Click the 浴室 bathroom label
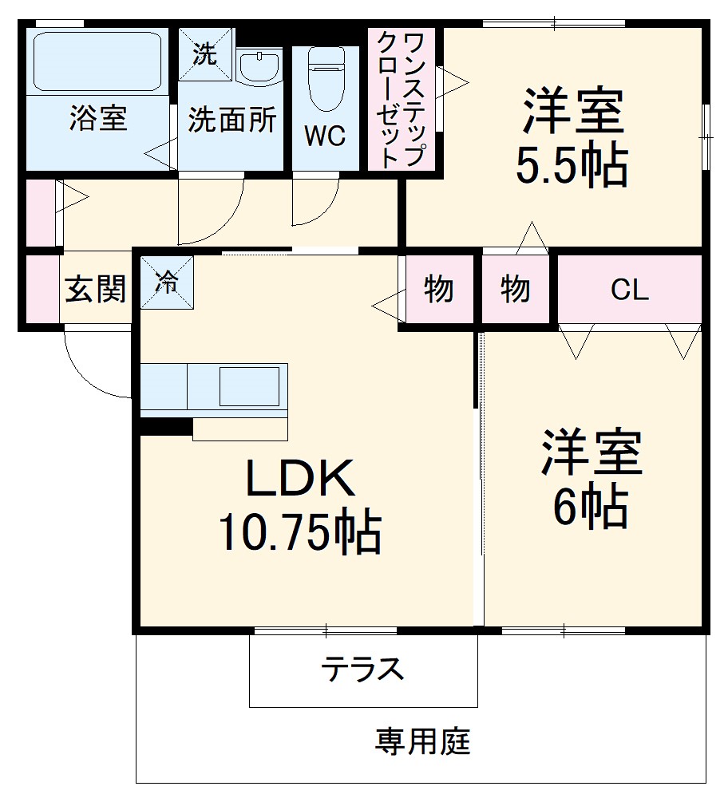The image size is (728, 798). [x=98, y=119]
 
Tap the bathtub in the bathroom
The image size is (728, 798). [x=97, y=61]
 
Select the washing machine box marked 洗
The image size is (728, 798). [x=205, y=54]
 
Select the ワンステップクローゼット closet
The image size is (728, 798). [x=402, y=99]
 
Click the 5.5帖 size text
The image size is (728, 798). [x=572, y=165]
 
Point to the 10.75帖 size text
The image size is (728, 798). [x=299, y=533]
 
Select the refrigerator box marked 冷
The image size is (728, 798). [x=168, y=282]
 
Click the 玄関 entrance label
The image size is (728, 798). [x=96, y=289]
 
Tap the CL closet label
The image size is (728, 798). [x=629, y=290]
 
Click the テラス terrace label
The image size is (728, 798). [x=363, y=669]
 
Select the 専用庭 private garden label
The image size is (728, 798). [x=422, y=742]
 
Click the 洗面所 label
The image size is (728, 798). [x=231, y=120]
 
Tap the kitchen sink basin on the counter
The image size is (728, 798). [x=249, y=386]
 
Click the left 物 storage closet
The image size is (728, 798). [x=438, y=289]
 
